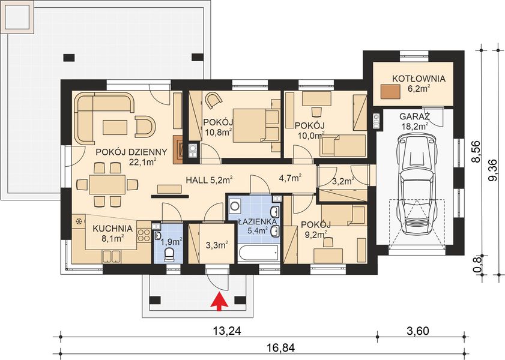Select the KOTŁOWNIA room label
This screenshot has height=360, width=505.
(419, 79)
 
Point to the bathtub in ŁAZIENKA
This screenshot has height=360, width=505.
(258, 254)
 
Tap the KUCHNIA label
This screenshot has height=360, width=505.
(112, 228)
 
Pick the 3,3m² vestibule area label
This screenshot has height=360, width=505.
(216, 245)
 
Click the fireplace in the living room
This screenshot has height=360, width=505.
(180, 149)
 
